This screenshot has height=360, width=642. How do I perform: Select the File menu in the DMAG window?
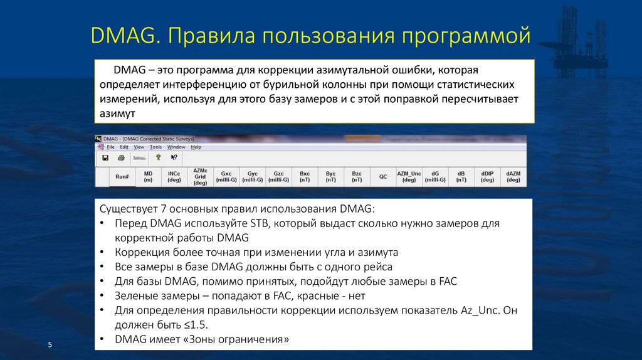pos(110,147)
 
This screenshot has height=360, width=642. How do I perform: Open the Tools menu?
pos(155,147)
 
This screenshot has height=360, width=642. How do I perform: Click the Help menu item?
pos(196,147)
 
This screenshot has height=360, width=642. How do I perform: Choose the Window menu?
pos(176,147)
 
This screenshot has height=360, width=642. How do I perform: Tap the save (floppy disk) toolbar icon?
pos(105,157)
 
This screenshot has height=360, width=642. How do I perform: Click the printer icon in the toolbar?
pos(122,157)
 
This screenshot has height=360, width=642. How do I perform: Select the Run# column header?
pos(122,177)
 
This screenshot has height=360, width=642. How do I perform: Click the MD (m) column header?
pos(148,176)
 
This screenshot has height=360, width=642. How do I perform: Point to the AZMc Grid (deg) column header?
pos(200,176)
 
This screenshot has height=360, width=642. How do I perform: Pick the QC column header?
pos(382,177)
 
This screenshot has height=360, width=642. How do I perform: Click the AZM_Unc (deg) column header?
pos(409,176)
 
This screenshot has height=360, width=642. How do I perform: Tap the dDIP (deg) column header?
pos(487,176)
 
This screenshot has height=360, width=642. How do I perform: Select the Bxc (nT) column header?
pos(305,176)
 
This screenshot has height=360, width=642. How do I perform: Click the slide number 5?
pos(50,346)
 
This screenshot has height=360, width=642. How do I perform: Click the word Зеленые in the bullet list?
pos(138,296)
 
